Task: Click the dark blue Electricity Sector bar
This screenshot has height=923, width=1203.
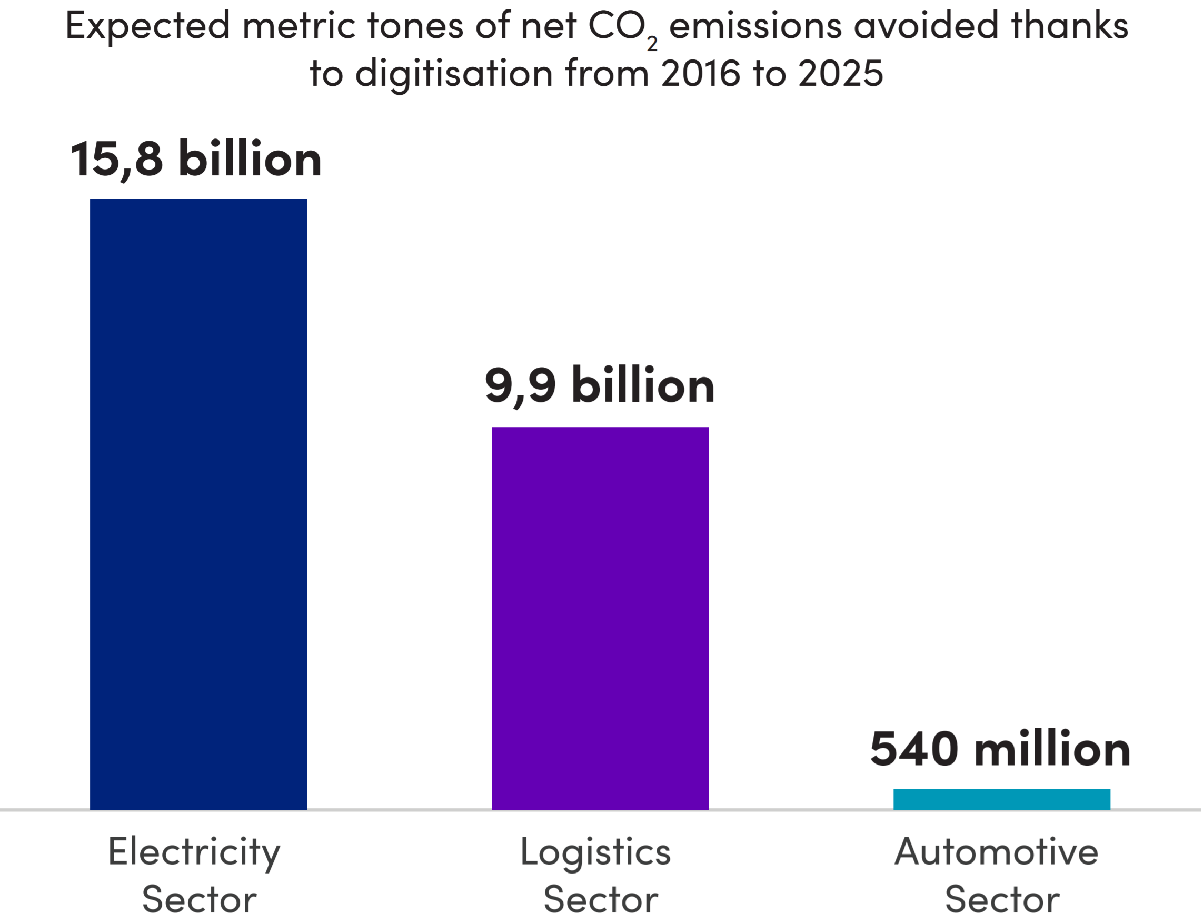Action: point(198,504)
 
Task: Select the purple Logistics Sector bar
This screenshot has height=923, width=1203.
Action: point(600,618)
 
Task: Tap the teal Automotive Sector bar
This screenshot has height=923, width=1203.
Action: point(1001,799)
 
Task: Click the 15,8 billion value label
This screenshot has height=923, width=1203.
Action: point(196,160)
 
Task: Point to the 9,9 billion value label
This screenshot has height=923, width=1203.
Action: point(599,386)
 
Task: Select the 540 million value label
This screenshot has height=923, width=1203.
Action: point(1000,749)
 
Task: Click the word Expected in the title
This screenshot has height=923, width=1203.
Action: point(147,26)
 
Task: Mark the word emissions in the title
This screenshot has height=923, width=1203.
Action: point(755,25)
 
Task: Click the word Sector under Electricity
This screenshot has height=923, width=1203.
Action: point(199,900)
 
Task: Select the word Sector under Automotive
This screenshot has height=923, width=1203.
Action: point(1002,900)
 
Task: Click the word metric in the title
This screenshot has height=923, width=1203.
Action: point(299,25)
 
